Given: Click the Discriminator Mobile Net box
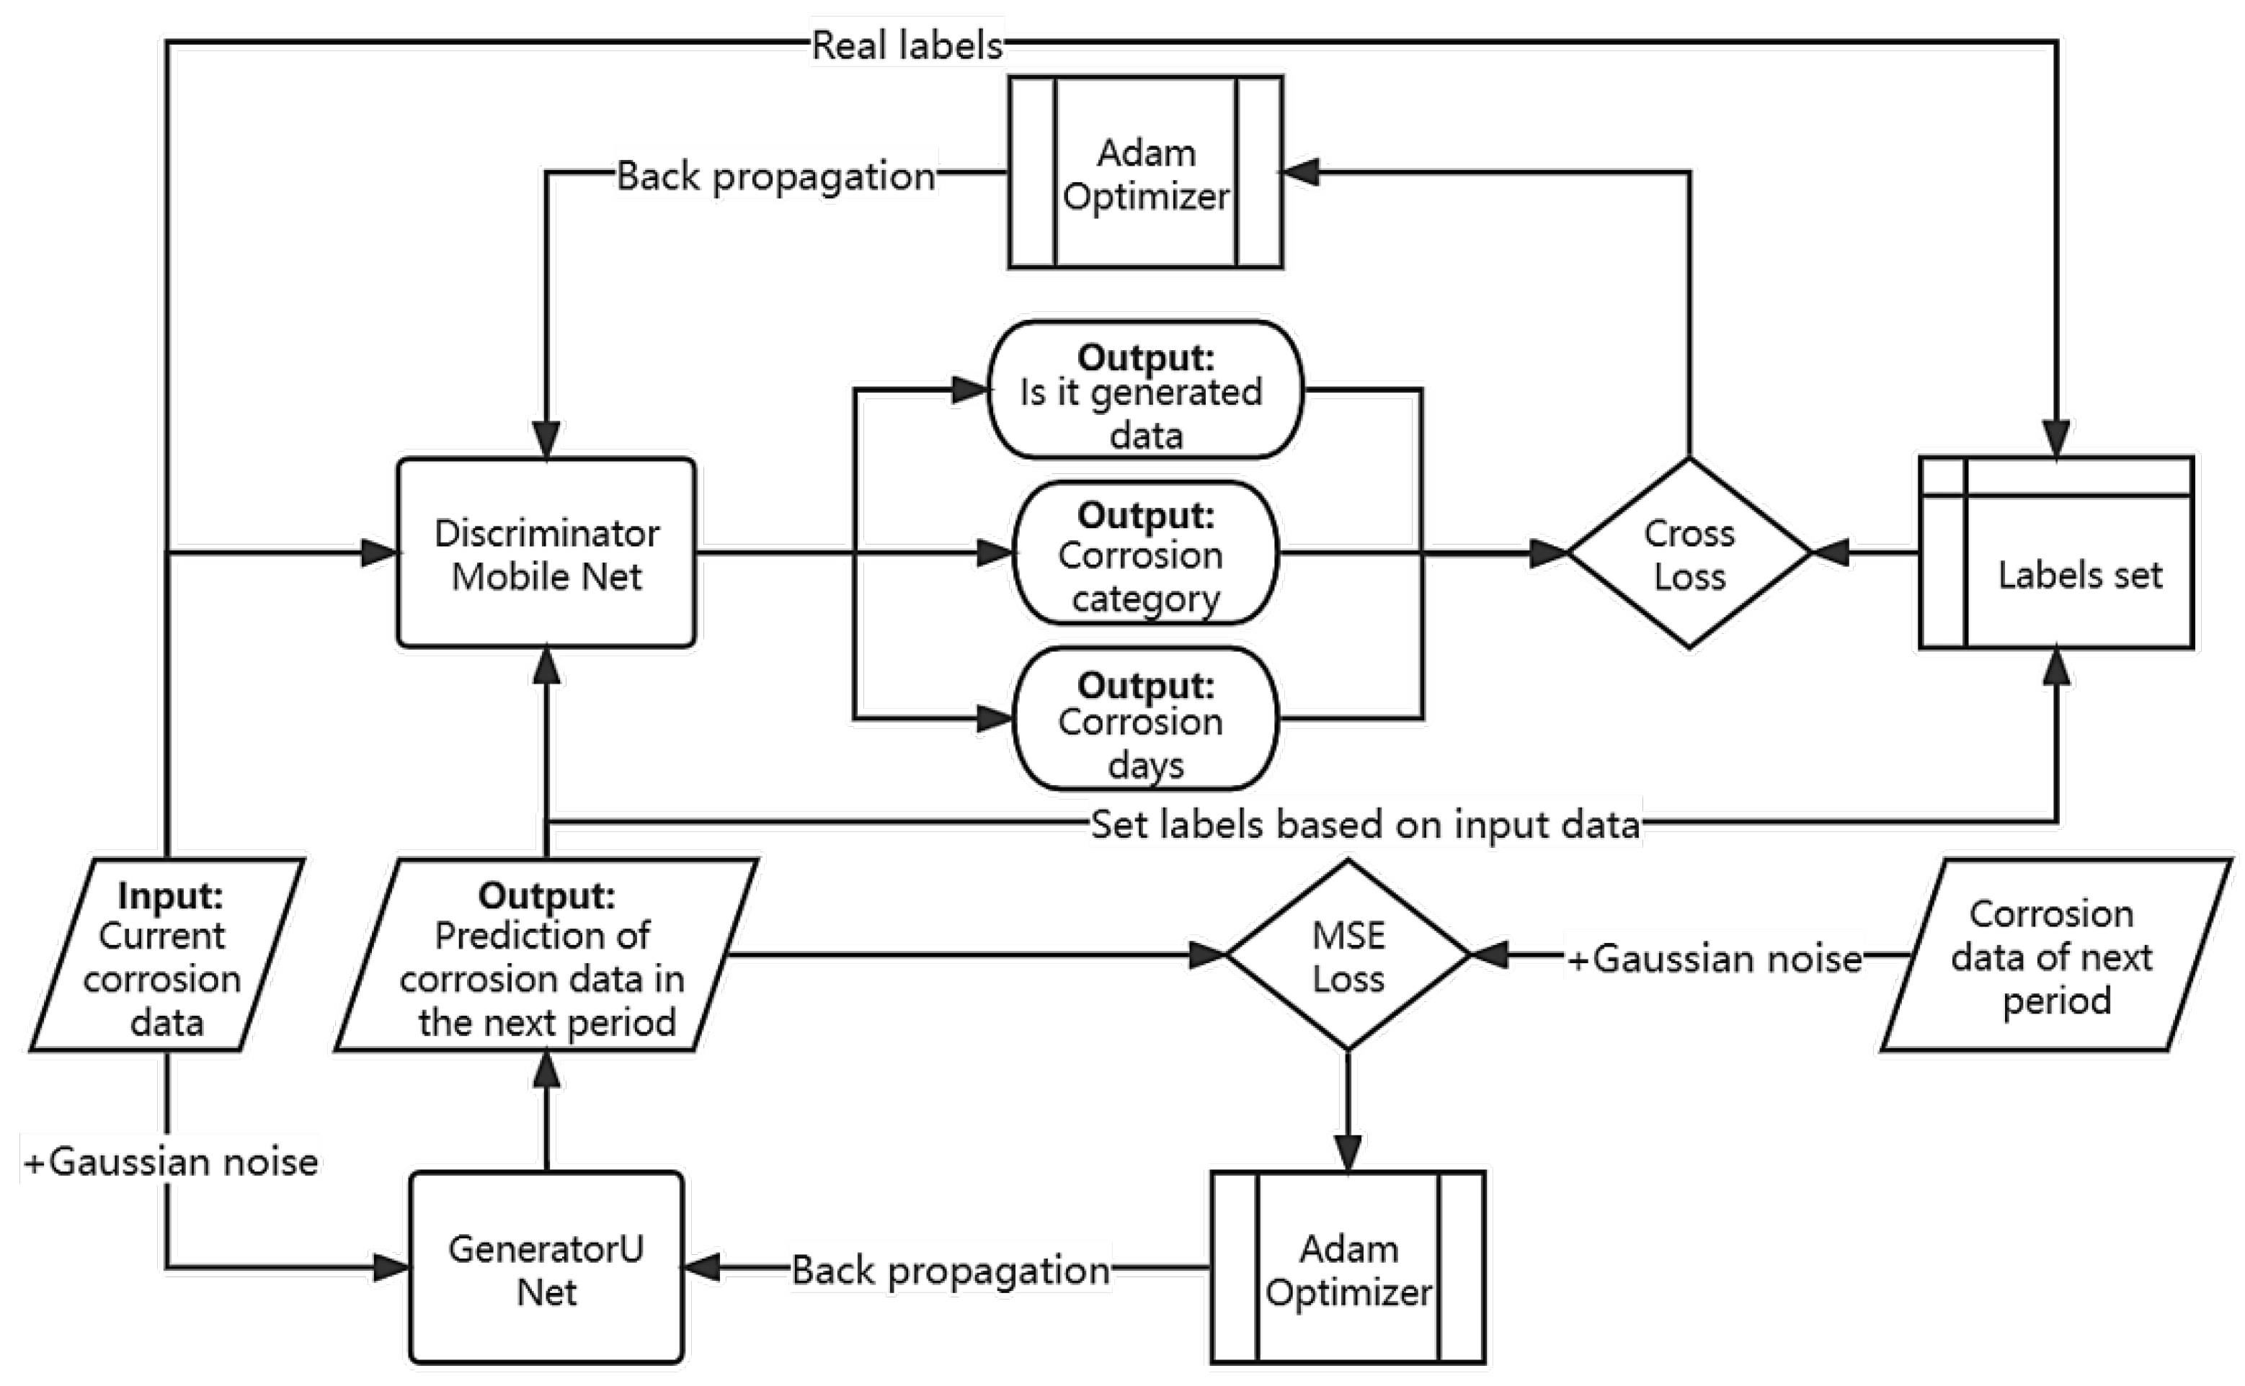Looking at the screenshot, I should point(546,553).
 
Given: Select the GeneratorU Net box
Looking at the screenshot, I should point(546,1268).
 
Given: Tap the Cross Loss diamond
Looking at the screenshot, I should point(1689,554).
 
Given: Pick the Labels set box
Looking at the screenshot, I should point(2056,554).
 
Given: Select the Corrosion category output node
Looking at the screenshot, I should point(1144,554).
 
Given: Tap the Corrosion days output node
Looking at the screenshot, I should point(1144,720).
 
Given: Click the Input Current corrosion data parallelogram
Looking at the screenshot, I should point(167,956).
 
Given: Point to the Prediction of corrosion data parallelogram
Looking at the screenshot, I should point(546,956).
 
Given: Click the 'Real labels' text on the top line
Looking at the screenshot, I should point(907,45).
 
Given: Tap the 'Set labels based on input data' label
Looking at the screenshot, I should point(1364,824).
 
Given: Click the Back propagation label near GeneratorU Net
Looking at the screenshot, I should point(950,1269).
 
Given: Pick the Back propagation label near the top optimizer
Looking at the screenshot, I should point(776,175).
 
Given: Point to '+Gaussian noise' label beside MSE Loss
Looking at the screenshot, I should point(1713,958).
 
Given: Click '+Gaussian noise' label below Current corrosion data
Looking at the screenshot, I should point(171,1161).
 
